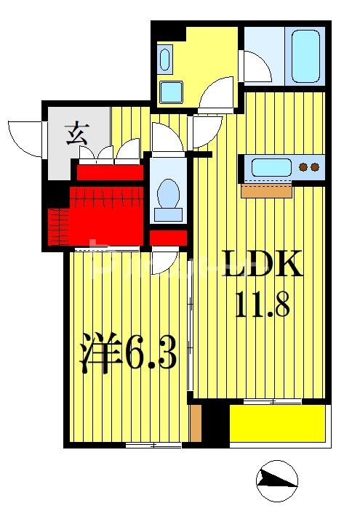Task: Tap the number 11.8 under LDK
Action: click(x=262, y=304)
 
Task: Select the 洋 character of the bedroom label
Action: click(x=99, y=354)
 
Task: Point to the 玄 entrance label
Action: click(x=76, y=134)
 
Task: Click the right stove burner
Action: click(x=315, y=168)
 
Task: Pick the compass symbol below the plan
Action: click(x=277, y=480)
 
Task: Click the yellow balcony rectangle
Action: click(x=276, y=423)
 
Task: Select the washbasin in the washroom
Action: click(x=165, y=59)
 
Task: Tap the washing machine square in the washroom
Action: click(x=171, y=92)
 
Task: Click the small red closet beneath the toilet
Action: click(x=169, y=238)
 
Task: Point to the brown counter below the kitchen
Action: click(x=266, y=191)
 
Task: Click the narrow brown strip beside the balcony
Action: click(x=195, y=423)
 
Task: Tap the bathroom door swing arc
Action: click(x=257, y=67)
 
